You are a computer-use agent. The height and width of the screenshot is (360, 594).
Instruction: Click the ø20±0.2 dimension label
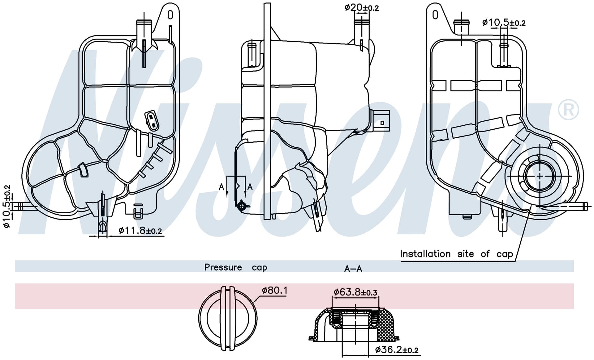pos(361,7)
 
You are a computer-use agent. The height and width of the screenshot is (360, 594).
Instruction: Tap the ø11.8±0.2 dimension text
pos(140,230)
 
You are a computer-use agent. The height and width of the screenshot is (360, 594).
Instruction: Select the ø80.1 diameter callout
pos(275,291)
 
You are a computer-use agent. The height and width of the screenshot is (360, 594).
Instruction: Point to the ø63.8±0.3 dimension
pos(355,292)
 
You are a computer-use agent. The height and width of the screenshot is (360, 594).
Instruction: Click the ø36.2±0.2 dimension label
pos(397,350)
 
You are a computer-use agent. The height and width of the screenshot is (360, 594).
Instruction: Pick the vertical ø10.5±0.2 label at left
pos(7,207)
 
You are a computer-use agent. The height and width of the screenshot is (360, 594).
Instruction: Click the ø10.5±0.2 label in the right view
pos(504,23)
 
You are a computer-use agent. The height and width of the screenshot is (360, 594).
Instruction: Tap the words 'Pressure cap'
pos(236,267)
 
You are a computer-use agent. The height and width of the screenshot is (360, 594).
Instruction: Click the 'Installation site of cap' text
pos(457,254)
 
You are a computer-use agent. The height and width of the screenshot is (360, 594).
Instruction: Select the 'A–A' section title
pos(353,269)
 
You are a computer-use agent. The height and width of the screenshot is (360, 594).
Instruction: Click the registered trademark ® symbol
pos(568,110)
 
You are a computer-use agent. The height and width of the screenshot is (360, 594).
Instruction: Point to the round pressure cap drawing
pos(228,318)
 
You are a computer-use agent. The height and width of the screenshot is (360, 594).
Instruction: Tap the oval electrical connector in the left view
pos(152,121)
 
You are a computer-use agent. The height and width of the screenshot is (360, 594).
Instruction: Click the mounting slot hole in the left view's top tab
pos(170,15)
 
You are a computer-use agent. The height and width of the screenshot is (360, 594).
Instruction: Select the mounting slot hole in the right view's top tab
pos(435,15)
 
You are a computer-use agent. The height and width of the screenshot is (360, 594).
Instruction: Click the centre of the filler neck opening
pos(540,176)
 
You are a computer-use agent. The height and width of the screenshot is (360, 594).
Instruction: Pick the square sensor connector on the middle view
pos(381,122)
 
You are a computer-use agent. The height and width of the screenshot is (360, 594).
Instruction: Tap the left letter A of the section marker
pos(222,187)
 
